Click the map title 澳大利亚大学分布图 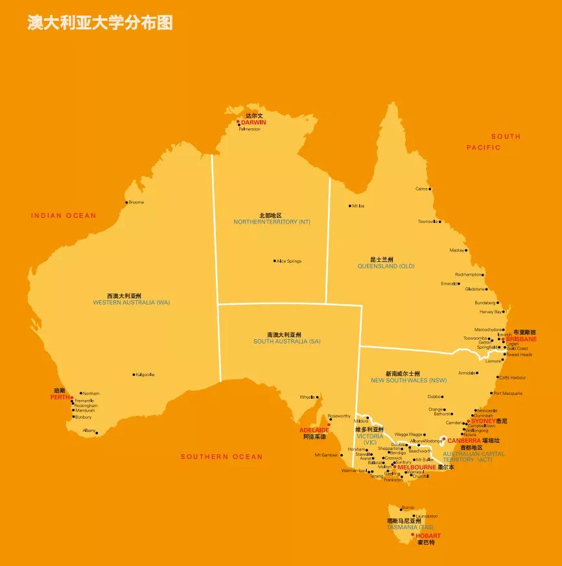pos(100,23)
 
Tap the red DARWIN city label pos(253,122)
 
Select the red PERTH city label pos(60,397)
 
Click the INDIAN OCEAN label pos(64,215)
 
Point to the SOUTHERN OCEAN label pos(222,456)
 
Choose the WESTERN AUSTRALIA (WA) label pos(132,302)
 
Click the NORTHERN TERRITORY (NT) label pos(272,222)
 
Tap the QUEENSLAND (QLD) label pos(386,266)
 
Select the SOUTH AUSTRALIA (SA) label pos(287,341)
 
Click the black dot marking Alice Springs pos(274,261)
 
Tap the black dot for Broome pos(126,202)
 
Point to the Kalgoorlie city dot pos(134,374)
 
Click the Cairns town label pos(422,189)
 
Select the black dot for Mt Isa pos(349,206)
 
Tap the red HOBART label pos(428,536)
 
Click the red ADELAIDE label pos(314,430)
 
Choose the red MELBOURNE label pos(417,467)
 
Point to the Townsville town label pos(428,221)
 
